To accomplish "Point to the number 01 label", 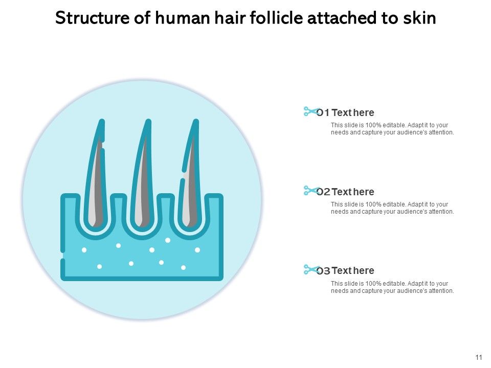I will point(323,113).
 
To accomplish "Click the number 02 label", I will point(323,192).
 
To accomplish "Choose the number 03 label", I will point(323,271).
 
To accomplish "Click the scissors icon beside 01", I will point(310,111).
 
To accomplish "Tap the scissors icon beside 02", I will point(310,191).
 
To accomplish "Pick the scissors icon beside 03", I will point(310,269).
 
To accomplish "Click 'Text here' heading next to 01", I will point(353,113).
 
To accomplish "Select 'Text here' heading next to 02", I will point(353,192).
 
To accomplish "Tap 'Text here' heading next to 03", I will point(353,271).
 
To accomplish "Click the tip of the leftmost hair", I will point(102,123).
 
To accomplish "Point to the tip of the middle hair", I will point(148,123).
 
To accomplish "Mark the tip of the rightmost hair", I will point(195,123).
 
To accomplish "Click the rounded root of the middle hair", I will point(141,223).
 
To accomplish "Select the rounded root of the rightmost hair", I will point(188,223).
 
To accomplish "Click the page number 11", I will point(479,357).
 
